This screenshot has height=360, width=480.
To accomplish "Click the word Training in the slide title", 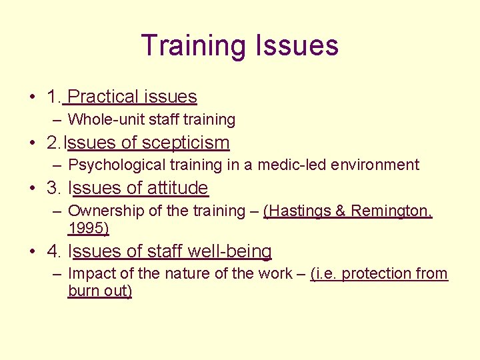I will click(x=194, y=46).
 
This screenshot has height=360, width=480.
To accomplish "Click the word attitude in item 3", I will click(x=177, y=188).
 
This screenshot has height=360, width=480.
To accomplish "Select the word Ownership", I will click(x=100, y=211).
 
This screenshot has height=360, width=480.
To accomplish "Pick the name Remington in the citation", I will click(x=390, y=211).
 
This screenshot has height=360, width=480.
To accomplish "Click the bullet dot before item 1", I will click(x=32, y=97).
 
